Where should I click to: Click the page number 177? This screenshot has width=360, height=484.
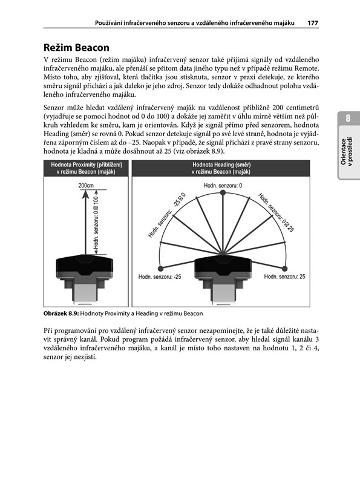[313, 23]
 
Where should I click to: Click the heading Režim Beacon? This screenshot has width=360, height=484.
[76, 48]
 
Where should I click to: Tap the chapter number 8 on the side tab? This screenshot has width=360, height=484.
[348, 119]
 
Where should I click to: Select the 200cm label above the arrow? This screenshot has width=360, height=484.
[86, 186]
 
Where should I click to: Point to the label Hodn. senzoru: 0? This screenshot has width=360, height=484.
[223, 185]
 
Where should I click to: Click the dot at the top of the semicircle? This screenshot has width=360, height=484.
[223, 193]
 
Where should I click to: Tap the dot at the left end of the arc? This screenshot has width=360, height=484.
[160, 269]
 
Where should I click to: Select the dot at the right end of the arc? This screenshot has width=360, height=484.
[284, 269]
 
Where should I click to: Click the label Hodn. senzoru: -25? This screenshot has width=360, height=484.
[160, 277]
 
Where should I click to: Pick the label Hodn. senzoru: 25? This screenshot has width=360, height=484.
[284, 276]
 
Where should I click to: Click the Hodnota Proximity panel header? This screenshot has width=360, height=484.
[86, 168]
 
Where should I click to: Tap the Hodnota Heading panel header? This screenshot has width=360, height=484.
[221, 168]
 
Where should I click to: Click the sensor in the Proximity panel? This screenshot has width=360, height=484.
[84, 278]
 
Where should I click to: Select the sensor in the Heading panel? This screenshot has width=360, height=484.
[223, 278]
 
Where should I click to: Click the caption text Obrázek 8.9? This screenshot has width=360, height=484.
[61, 313]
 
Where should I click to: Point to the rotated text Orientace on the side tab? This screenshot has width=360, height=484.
[343, 151]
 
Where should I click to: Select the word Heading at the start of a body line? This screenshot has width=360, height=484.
[56, 134]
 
